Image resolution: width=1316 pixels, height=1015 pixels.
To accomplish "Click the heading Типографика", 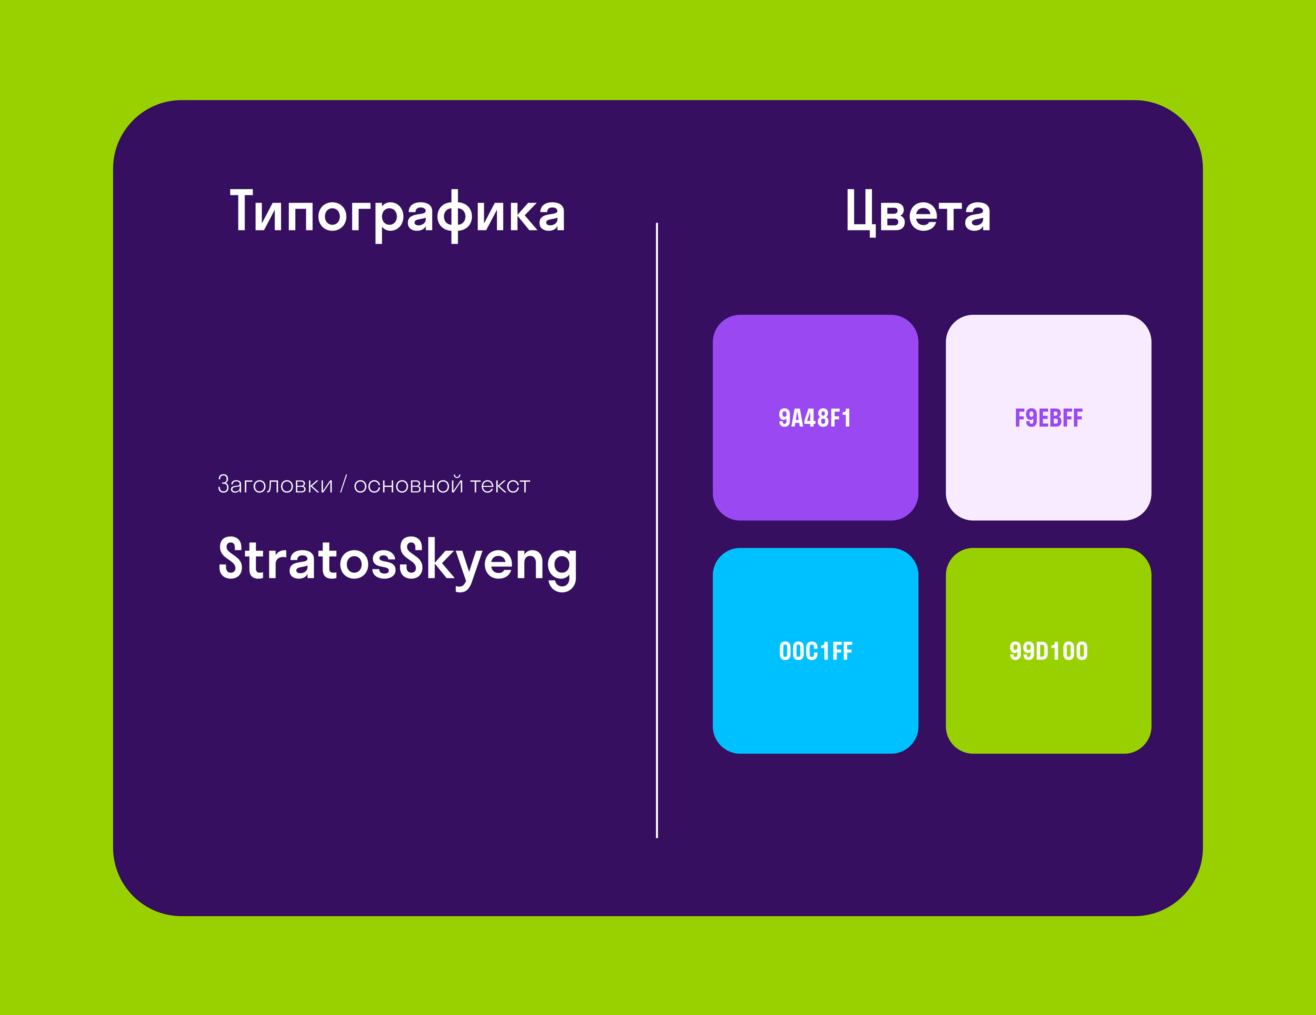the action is pos(398,214).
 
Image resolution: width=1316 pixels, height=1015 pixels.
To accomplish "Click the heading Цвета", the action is pos(918,212).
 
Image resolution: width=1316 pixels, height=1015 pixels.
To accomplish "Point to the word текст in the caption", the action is pos(500,486).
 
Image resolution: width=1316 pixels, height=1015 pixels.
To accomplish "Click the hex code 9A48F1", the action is pos(815,418).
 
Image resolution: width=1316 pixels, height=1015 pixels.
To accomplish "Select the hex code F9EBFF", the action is pos(1048,418).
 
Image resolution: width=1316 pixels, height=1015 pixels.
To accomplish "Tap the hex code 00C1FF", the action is pos(815,651).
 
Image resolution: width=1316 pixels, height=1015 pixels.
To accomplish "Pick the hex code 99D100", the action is pos(1048,651).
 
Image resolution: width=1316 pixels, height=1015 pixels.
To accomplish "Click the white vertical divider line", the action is pos(657,530).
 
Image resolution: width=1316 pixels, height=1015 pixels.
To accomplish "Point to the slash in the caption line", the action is pos(343,484).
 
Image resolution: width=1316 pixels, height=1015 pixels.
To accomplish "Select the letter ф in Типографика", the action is pos(454,216).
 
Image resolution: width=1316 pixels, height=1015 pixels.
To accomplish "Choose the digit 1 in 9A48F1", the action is pos(847,418).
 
